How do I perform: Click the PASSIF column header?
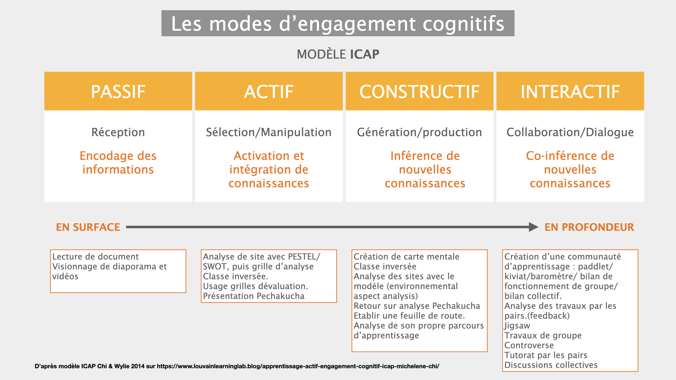pyautogui.click(x=118, y=91)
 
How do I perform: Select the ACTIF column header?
pyautogui.click(x=269, y=91)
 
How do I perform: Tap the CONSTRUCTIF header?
pyautogui.click(x=419, y=91)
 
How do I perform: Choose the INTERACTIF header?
pyautogui.click(x=570, y=91)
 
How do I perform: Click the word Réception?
pyautogui.click(x=118, y=132)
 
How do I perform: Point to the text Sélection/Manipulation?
pyautogui.click(x=269, y=132)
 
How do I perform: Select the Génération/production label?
pyautogui.click(x=419, y=132)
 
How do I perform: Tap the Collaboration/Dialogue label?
pyautogui.click(x=570, y=132)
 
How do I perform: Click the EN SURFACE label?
pyautogui.click(x=88, y=227)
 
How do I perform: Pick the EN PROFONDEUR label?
pyautogui.click(x=589, y=227)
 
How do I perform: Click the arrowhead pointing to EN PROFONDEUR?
pyautogui.click(x=534, y=227)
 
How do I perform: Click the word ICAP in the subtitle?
pyautogui.click(x=364, y=54)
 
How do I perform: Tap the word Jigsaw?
pyautogui.click(x=517, y=325)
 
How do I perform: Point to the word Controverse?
pyautogui.click(x=529, y=345)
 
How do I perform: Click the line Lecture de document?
pyautogui.click(x=95, y=256)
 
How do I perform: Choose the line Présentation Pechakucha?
pyautogui.click(x=254, y=296)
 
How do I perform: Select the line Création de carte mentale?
pyautogui.click(x=406, y=256)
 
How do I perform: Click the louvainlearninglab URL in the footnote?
pyautogui.click(x=298, y=366)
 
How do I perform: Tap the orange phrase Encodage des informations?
pyautogui.click(x=118, y=163)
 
